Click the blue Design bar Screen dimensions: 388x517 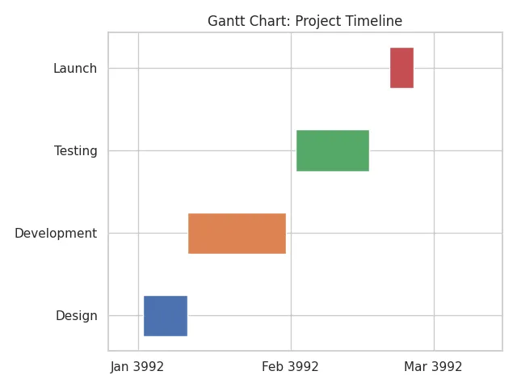166,316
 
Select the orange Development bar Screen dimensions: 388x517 237,234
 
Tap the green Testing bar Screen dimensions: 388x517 333,150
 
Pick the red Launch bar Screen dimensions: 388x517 401,68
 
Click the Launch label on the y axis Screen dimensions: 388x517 75,69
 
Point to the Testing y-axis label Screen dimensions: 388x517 75,151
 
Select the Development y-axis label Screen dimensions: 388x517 56,234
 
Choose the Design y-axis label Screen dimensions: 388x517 77,316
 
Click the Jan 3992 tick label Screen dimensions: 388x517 137,367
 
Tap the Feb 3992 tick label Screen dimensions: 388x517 290,367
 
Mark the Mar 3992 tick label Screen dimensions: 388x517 433,367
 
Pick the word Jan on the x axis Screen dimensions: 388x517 120,367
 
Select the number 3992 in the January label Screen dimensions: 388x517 149,367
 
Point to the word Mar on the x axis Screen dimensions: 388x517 415,367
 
